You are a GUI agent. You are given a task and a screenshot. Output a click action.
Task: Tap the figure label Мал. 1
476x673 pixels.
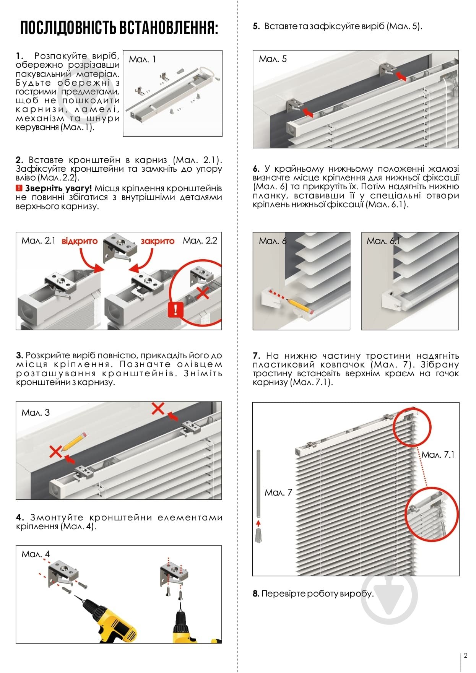coord(142,59)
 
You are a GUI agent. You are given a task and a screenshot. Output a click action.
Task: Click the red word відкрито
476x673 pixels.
coord(80,241)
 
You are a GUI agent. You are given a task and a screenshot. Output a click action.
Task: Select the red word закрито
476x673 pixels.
coord(158,241)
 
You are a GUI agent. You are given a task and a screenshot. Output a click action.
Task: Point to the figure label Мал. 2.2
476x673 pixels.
coord(200,241)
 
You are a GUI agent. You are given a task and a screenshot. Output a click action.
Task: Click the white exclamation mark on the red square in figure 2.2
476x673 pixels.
coord(175,309)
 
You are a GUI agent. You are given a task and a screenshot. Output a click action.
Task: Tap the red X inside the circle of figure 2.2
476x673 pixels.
coord(202,293)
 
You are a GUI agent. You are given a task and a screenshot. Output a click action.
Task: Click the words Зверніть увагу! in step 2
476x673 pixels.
coord(58,189)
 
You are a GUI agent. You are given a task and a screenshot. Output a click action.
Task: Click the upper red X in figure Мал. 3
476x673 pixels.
coord(158,408)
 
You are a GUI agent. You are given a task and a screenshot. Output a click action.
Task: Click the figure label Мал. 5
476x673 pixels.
coord(273,59)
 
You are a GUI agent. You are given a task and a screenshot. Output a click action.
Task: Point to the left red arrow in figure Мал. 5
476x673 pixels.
coord(307,112)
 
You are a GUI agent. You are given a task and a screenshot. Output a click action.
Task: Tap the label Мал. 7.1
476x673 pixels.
coord(438,455)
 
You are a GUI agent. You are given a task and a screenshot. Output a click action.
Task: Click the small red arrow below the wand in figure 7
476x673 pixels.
coord(258,523)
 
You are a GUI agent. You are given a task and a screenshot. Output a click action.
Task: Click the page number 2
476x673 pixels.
coord(465,655)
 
